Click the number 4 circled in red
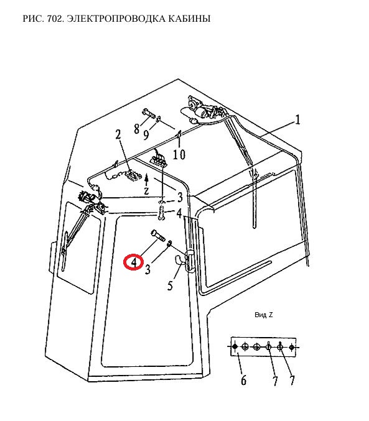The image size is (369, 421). pos(134,262)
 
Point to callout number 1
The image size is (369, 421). pos(297,120)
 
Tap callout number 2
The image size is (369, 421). pos(118,135)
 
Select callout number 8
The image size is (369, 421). pos(137,129)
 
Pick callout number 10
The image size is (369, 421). pos(179,154)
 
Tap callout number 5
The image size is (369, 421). pos(170,285)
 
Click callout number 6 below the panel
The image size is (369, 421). pos(243,381)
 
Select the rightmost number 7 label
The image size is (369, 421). pos(292,381)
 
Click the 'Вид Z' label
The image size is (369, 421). pos(263,315)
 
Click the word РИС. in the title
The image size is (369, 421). pos(34,19)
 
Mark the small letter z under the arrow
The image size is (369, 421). pos(146,191)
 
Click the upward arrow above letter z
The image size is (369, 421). pos(146,180)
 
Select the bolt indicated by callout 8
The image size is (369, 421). pos(148,114)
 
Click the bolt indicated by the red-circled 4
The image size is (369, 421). pos(159,236)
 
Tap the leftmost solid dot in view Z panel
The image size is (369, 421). pos(235,346)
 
